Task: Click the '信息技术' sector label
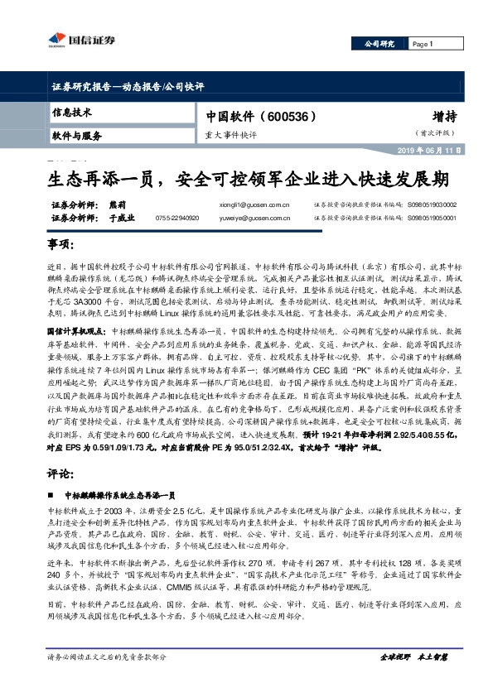pos(72,112)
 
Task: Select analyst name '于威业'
pos(121,218)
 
